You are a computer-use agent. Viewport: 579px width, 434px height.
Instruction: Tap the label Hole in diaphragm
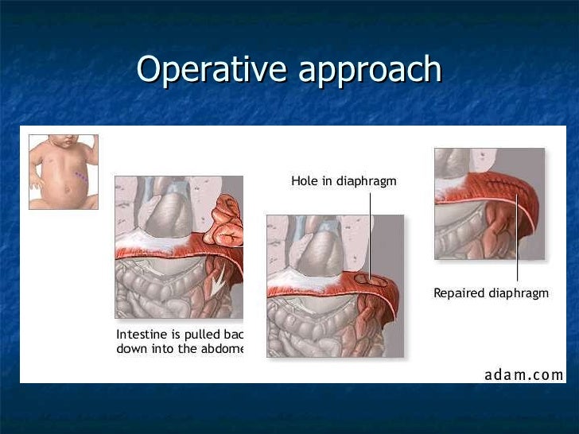coord(344,181)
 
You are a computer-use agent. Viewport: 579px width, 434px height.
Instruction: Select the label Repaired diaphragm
coord(491,293)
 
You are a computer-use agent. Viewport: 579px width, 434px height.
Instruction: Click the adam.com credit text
coord(524,374)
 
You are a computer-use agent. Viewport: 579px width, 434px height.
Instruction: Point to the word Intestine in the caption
coord(141,333)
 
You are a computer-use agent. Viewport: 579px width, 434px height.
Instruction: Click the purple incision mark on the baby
coord(80,176)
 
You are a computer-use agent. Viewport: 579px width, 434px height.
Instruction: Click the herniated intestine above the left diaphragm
coord(226,227)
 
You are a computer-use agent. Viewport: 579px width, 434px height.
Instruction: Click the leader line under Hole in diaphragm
coord(370,231)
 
